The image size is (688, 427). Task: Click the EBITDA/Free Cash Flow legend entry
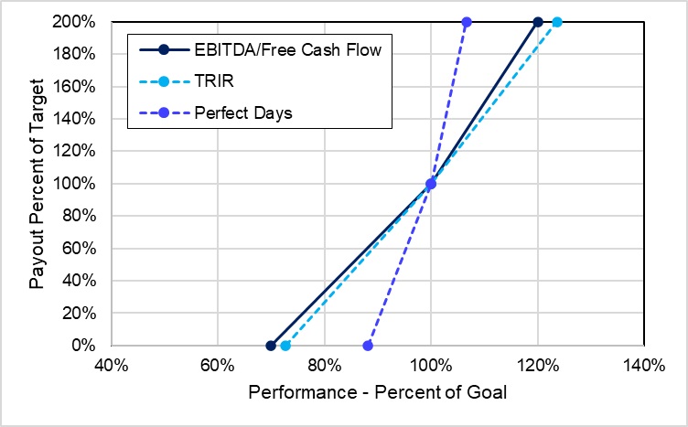click(288, 49)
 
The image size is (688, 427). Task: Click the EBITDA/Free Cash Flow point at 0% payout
click(271, 346)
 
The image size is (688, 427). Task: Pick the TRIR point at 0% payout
click(285, 346)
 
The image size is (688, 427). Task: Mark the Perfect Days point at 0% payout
click(368, 346)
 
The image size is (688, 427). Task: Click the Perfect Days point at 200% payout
click(467, 22)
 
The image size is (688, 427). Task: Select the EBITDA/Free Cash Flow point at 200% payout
click(538, 22)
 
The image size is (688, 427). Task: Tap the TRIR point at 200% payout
click(556, 22)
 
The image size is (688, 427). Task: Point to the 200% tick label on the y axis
click(81, 22)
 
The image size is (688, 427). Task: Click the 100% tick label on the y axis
click(81, 184)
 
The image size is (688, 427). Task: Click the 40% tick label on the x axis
click(111, 366)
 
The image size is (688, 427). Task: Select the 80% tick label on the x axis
click(324, 366)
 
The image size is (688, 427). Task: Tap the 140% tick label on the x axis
click(644, 366)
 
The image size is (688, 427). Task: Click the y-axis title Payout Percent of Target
click(37, 185)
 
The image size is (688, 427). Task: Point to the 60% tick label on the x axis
click(218, 366)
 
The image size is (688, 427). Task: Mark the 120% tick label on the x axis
click(538, 366)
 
